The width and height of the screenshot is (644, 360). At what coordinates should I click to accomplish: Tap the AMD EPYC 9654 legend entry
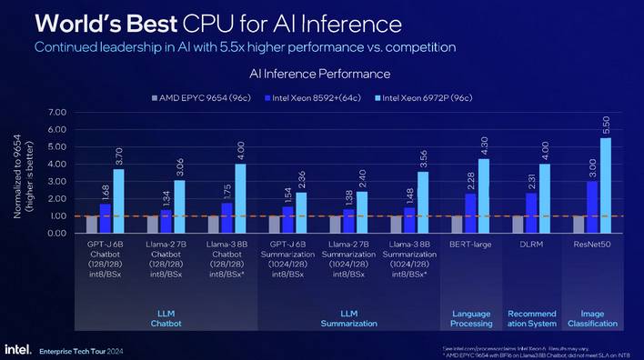191,97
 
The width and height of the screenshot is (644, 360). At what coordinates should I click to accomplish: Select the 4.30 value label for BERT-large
483,146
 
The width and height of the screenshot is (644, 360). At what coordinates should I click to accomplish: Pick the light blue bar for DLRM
544,199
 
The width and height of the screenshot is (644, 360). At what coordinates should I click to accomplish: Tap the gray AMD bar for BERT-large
458,225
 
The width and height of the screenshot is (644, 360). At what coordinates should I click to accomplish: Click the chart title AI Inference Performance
314,73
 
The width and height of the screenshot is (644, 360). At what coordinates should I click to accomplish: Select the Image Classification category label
591,318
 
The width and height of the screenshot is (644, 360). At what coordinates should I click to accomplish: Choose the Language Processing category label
470,318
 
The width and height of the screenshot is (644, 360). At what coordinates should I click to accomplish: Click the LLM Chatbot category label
166,318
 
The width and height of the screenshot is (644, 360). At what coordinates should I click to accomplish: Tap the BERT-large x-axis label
470,245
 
